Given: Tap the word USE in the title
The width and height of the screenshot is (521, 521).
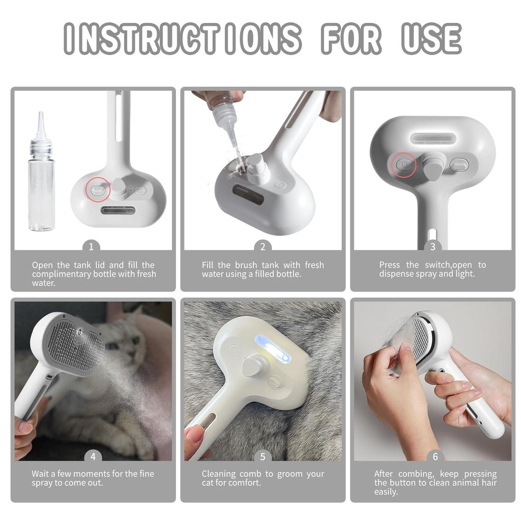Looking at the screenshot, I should [431, 38].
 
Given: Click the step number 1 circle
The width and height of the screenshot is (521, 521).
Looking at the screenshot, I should [91, 247].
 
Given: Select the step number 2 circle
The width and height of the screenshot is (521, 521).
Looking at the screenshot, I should [263, 247].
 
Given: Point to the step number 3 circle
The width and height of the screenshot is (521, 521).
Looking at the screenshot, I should [432, 247].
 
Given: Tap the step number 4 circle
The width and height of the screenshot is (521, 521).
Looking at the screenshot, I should [93, 456].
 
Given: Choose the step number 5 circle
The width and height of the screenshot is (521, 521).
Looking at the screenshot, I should [263, 456].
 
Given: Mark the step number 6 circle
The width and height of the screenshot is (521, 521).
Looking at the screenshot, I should [435, 456].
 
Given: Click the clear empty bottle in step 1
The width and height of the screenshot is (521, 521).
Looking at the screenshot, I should [41, 188].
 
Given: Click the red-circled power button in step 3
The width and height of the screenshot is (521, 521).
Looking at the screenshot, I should [403, 165].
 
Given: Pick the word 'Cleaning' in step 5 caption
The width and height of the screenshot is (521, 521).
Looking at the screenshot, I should [218, 474].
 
